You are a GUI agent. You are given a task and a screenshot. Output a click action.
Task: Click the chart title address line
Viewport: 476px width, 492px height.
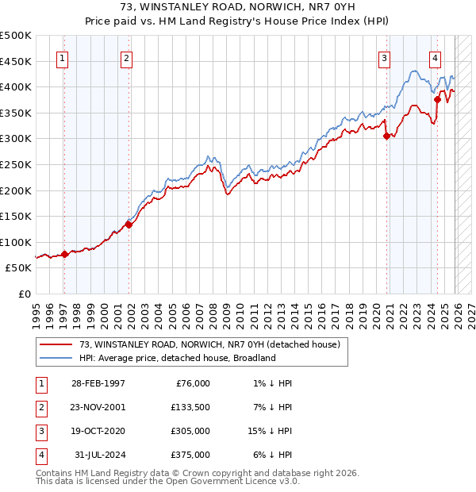click(238, 8)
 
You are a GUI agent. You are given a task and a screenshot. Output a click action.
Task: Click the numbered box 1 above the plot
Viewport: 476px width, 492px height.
click(63, 57)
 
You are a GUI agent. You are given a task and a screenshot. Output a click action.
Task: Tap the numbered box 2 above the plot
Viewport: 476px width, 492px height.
click(127, 57)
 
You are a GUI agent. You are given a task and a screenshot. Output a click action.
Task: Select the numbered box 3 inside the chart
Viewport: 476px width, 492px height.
click(384, 57)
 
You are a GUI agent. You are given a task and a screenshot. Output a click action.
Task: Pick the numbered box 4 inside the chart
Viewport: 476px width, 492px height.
click(436, 57)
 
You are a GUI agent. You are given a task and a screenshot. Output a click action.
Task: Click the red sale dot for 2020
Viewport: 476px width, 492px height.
click(387, 136)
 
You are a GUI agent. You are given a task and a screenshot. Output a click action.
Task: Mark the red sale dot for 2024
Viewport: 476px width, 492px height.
click(437, 100)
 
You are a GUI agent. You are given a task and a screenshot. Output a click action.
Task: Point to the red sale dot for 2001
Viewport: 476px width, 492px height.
click(129, 225)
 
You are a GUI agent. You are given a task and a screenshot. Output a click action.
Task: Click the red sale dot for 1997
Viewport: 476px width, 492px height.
click(64, 254)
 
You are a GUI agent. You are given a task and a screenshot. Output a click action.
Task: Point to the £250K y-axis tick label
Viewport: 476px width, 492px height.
click(16, 164)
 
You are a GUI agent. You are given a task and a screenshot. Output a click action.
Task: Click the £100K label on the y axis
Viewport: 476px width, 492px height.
click(16, 242)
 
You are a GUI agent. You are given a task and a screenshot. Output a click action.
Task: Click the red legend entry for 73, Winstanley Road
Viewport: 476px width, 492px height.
click(209, 344)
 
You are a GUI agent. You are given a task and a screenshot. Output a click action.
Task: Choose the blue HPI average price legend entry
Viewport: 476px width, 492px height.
click(177, 358)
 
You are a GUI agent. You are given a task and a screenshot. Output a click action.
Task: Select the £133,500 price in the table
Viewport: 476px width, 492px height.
click(190, 407)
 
